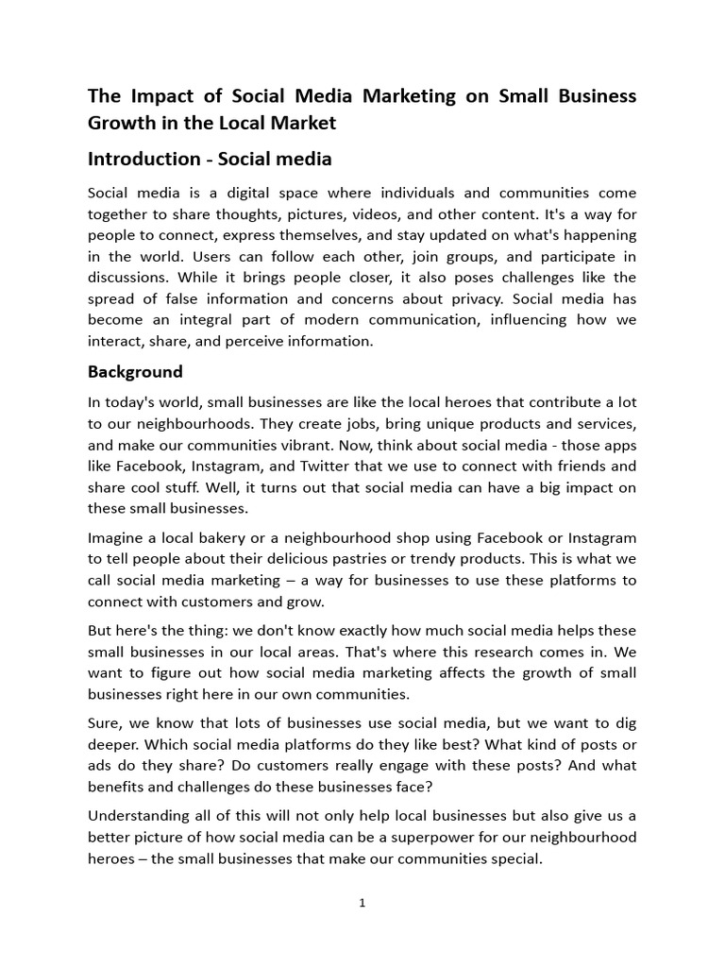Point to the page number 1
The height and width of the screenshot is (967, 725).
[x=362, y=903]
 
